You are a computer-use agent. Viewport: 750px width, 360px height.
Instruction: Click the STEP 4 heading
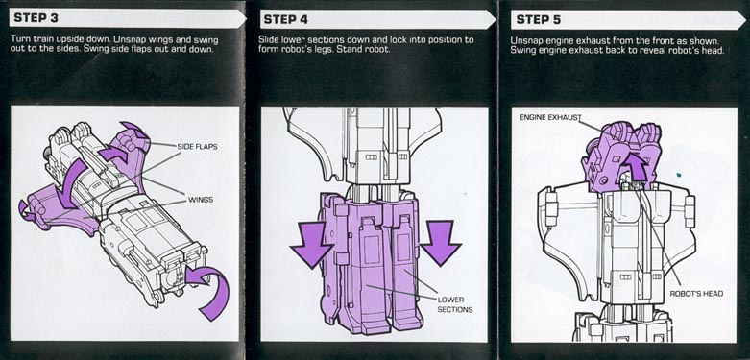285,19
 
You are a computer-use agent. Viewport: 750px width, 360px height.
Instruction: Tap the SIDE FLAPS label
197,146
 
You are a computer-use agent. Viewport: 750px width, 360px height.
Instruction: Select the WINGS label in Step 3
201,200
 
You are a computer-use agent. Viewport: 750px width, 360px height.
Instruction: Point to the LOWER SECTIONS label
454,304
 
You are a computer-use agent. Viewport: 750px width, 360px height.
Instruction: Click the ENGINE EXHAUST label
550,118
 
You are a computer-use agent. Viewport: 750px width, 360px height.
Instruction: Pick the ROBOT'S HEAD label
696,294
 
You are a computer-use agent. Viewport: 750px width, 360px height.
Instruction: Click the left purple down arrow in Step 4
312,244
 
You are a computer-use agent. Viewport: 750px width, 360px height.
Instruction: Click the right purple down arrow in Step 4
440,242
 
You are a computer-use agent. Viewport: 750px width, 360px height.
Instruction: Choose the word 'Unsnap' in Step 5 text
524,40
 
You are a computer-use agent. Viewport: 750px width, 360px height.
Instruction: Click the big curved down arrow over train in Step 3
73,184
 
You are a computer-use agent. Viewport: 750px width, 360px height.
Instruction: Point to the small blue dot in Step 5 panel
679,175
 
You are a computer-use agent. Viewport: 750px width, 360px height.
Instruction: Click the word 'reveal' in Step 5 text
634,50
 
